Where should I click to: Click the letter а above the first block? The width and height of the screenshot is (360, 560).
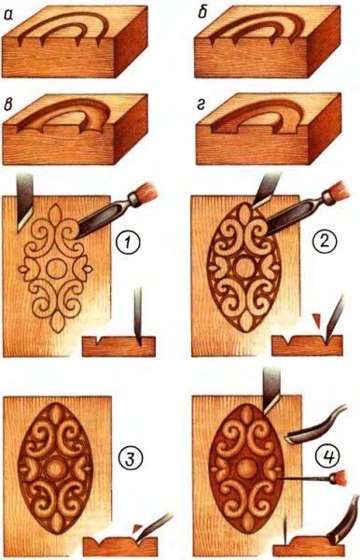(x=8, y=15)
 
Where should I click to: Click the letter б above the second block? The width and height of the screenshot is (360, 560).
(x=202, y=15)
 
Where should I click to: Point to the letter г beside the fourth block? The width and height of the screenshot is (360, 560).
(x=202, y=105)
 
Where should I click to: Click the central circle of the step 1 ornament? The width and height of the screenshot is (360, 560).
(x=56, y=269)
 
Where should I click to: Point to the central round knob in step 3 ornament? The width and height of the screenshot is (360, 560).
(x=55, y=467)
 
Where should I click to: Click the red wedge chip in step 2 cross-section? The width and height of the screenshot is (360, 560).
(x=316, y=319)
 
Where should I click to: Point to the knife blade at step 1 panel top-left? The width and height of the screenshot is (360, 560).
(x=24, y=203)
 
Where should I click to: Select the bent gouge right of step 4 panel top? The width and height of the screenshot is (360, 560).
(x=315, y=425)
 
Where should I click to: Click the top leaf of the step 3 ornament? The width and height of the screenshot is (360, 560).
(x=55, y=415)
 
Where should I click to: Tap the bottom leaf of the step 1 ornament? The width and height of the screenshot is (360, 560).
(x=56, y=322)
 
